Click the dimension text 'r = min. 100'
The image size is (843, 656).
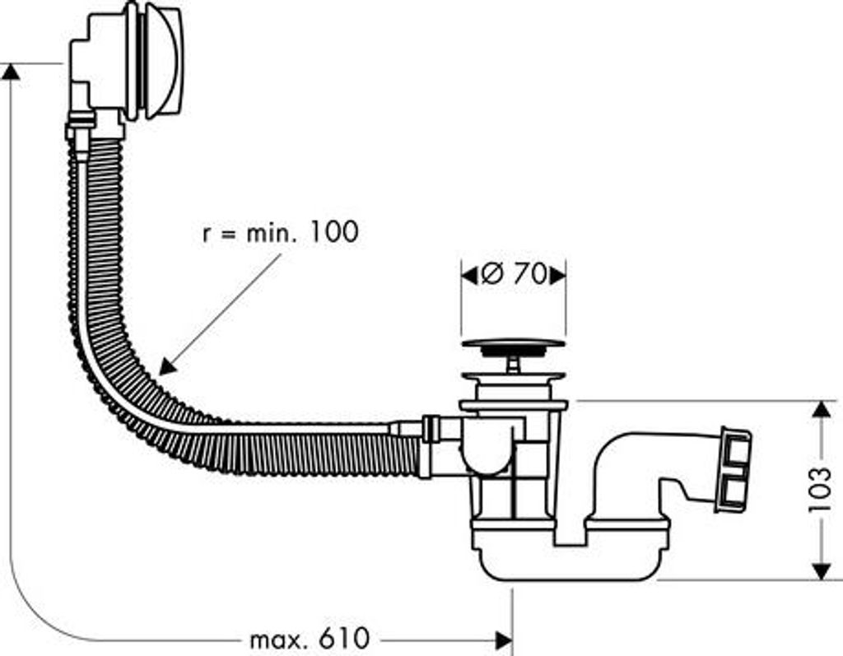[x=280, y=232]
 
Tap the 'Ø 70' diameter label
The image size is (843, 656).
[x=514, y=274]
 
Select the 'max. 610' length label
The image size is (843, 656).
[x=310, y=639]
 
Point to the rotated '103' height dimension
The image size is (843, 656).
[x=820, y=491]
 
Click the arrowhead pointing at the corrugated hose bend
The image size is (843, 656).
[x=167, y=367]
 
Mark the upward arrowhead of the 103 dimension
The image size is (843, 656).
[x=821, y=409]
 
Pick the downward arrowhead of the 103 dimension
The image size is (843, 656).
[x=821, y=571]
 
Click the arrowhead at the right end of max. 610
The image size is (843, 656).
[x=504, y=640]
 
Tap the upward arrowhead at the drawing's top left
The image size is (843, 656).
[x=11, y=72]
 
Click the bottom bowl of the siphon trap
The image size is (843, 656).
[x=570, y=559]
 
